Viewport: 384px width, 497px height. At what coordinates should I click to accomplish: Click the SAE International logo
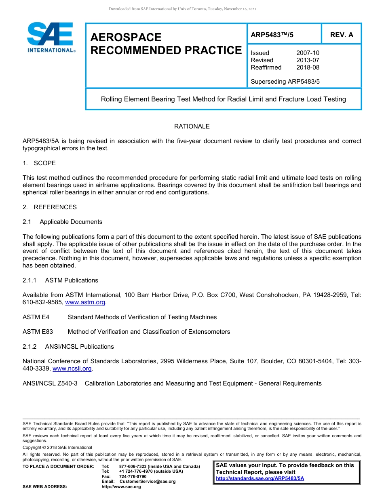(x=50, y=37)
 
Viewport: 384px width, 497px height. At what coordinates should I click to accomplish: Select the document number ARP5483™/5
(x=272, y=35)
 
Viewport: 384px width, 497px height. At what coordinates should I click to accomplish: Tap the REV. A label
(x=342, y=35)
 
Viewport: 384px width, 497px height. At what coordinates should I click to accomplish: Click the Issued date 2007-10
(x=308, y=53)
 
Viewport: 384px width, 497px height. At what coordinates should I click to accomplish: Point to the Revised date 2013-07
(x=308, y=60)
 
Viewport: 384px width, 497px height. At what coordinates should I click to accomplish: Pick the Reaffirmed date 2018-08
(x=308, y=67)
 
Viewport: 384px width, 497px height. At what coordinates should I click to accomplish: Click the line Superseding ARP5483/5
(x=285, y=82)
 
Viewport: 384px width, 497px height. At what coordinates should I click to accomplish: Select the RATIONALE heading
(x=192, y=126)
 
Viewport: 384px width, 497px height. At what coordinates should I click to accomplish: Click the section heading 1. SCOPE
(x=39, y=163)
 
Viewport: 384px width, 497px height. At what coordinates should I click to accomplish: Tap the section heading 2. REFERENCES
(x=49, y=207)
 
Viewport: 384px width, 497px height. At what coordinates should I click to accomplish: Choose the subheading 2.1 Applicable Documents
(x=63, y=222)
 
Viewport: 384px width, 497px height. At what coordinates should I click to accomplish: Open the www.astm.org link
(x=85, y=302)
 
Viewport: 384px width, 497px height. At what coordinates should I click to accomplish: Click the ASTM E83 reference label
(x=38, y=332)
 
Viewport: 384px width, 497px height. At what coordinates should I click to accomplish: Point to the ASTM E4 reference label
(x=36, y=317)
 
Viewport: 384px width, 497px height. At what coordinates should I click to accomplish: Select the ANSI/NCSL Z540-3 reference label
(x=50, y=383)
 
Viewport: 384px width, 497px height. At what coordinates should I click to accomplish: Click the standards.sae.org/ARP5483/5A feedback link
(x=260, y=478)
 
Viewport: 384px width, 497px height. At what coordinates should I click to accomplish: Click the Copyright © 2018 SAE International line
(x=57, y=447)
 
